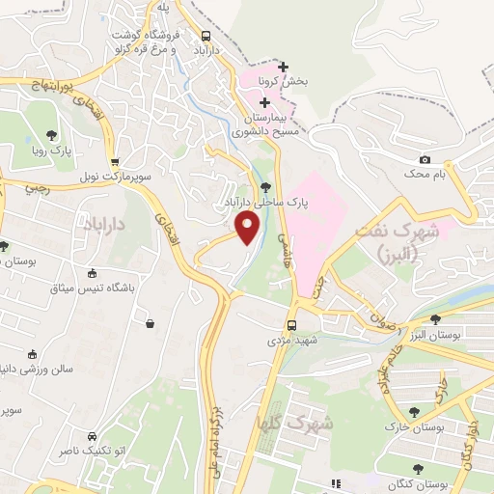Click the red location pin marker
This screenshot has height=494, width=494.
click(248, 228)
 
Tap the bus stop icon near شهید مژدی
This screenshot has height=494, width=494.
click(291, 325)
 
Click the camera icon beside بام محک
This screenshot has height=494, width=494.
click(425, 159)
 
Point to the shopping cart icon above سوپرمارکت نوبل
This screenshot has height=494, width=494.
click(115, 162)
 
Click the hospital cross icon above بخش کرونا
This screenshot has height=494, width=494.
click(283, 68)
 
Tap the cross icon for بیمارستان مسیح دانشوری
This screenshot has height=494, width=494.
click(264, 102)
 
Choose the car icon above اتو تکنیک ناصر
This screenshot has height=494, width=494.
click(91, 435)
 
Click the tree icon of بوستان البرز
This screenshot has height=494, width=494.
click(435, 318)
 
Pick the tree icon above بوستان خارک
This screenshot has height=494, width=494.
click(414, 411)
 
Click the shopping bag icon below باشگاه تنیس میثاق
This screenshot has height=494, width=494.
click(151, 324)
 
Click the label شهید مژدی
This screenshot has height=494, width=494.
click(291, 341)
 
